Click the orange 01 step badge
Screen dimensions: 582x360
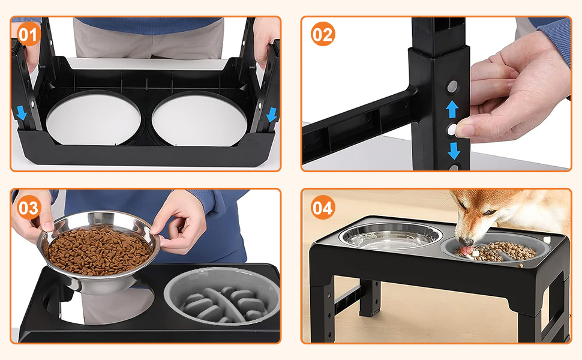[x=29, y=35]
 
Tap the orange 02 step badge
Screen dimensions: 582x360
[x=323, y=34]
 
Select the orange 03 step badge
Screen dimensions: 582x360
[x=29, y=208]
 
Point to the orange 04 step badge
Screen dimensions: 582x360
[x=323, y=208]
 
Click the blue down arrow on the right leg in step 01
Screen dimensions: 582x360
[x=272, y=115]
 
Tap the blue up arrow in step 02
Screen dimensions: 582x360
[x=452, y=109]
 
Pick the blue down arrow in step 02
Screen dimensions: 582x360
[x=454, y=151]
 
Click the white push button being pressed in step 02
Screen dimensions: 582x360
[x=452, y=130]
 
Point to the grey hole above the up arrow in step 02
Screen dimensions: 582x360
[x=452, y=87]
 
